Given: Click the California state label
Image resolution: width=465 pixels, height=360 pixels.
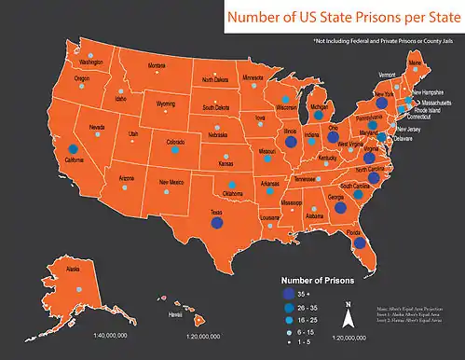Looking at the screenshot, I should click(75, 159).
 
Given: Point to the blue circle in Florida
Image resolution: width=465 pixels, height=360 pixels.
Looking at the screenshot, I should click(357, 244).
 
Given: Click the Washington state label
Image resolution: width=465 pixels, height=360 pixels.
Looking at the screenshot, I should click(90, 62).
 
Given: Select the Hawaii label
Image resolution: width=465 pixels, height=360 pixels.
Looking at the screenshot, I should click(175, 315).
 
